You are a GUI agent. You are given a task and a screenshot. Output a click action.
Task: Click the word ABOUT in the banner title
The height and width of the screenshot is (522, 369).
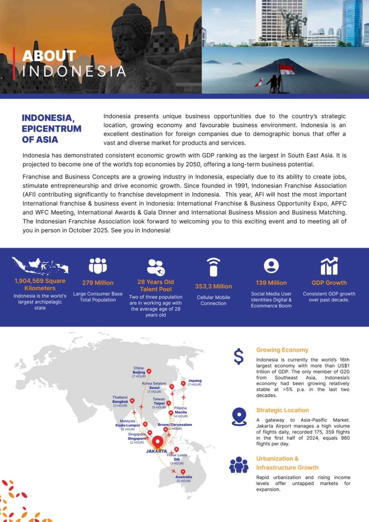coord(49,56)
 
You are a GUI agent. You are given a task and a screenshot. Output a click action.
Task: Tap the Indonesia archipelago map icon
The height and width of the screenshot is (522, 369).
coord(40,266)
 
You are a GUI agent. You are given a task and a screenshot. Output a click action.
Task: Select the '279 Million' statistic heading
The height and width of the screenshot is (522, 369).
coord(98,283)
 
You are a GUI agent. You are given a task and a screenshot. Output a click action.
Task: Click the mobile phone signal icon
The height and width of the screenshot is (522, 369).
coord(214,267)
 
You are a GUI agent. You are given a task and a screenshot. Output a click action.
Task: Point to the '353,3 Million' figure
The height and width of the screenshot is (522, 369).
coord(214,286)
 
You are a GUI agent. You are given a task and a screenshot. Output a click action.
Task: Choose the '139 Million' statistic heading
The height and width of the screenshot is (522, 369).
coord(271,283)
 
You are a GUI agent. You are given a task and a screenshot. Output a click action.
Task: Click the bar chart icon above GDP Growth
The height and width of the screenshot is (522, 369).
coord(329,266)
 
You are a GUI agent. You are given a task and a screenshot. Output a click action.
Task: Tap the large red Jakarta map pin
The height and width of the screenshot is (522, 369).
coord(158,442)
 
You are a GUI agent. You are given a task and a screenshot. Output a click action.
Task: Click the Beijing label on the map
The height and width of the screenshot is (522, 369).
coord(139,372)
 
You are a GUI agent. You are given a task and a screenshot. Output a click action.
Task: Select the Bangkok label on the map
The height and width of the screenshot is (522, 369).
coord(120,402)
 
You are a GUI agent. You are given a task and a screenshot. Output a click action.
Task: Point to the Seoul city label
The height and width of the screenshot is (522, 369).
coord(154,388)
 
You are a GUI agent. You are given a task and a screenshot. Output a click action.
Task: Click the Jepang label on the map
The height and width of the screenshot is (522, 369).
coord(195,381)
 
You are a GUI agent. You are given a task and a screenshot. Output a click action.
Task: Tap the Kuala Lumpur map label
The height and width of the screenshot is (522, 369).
coord(128,425)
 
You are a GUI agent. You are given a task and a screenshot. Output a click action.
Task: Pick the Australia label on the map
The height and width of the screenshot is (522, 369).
coord(184,477)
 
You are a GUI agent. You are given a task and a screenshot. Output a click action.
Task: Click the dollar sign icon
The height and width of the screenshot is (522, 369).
coord(238,356)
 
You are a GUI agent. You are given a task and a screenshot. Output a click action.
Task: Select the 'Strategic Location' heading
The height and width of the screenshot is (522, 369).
coord(283,410)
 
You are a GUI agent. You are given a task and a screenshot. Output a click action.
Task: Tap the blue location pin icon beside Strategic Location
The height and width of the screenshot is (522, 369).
coord(239,416)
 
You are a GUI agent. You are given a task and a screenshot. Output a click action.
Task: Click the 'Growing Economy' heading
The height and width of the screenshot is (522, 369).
coord(282,350)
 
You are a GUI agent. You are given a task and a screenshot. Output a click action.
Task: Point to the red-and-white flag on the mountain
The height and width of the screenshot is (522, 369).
coord(287,70)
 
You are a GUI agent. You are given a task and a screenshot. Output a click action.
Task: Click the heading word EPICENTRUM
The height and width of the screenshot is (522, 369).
coord(52,129)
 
